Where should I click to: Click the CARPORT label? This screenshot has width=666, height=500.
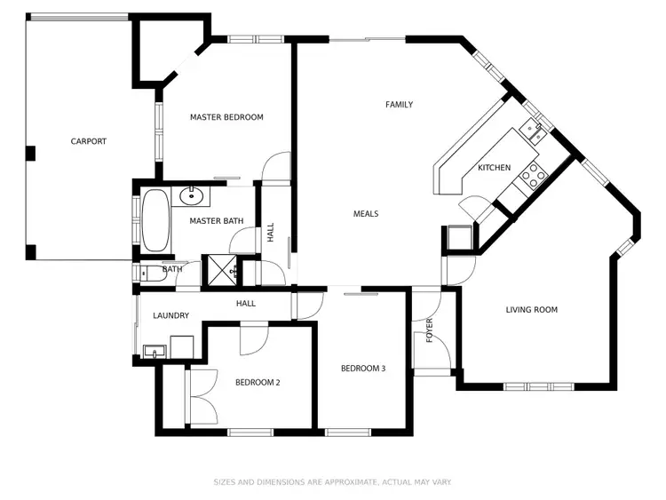(x=89, y=141)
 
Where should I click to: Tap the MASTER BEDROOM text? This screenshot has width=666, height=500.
(x=226, y=117)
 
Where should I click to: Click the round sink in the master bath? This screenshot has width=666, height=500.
(x=191, y=196)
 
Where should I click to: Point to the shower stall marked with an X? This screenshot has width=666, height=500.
(x=218, y=270)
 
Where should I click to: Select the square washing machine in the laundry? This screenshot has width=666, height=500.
(x=183, y=346)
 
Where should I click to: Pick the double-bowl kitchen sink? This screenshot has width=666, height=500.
(x=533, y=131)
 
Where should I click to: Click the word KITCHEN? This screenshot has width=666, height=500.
(x=495, y=168)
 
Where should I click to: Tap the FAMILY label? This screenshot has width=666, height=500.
(x=399, y=105)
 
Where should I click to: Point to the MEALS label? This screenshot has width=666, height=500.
(x=366, y=214)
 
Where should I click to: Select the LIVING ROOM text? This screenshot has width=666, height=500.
(x=531, y=310)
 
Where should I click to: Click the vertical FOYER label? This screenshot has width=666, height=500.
(x=430, y=329)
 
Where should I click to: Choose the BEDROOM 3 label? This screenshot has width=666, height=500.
(x=363, y=369)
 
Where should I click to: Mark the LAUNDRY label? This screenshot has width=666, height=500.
(x=170, y=315)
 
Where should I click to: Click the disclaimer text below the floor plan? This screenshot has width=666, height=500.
(x=332, y=482)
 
